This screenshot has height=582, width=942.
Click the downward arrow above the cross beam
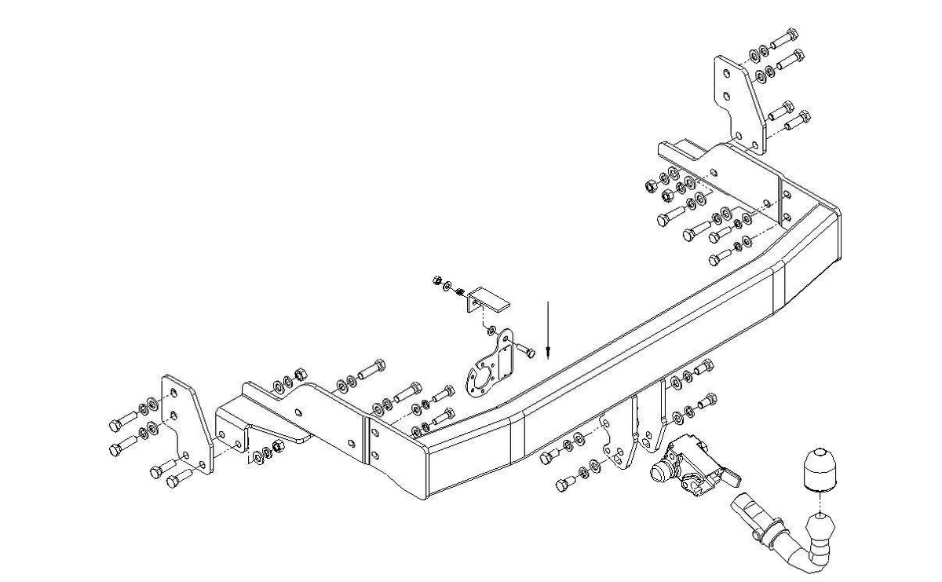tap(549, 330)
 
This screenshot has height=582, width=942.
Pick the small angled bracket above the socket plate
tap(488, 298)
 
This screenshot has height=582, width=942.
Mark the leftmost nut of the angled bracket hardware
tap(436, 280)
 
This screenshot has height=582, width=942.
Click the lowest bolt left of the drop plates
tap(565, 484)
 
